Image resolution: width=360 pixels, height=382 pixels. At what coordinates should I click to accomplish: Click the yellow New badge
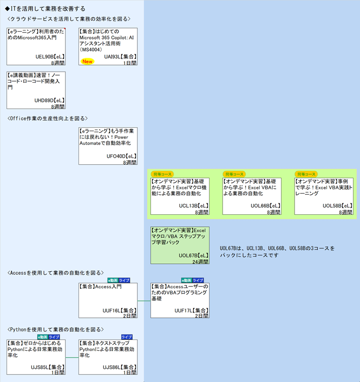[88, 62]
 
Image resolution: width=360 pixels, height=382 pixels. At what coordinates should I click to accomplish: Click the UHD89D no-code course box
[36, 90]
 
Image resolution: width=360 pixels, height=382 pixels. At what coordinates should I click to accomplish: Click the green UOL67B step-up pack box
[180, 245]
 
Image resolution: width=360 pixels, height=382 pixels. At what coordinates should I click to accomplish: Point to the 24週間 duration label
[200, 261]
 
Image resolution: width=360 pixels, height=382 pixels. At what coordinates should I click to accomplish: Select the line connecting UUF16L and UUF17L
[144, 301]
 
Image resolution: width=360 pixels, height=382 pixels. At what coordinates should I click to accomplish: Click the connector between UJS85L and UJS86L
[72, 357]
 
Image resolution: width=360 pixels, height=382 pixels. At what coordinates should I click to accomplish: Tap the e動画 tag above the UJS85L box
[42, 337]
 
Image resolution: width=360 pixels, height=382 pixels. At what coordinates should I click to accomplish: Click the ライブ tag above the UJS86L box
[126, 337]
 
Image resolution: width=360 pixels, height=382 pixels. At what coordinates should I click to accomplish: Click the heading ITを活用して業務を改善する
[45, 9]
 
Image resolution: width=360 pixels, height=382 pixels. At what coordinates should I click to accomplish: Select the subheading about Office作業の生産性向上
[48, 119]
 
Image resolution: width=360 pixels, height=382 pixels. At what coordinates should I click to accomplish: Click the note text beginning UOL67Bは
[277, 251]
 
